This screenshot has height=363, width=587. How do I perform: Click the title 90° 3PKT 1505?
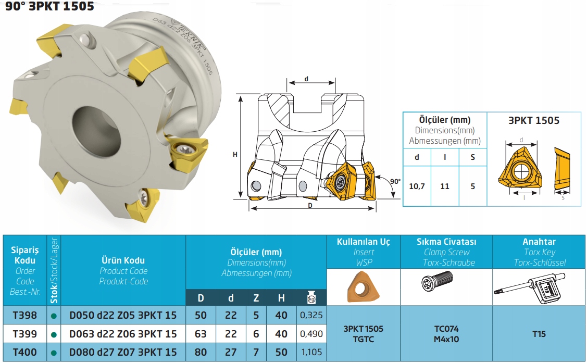(x=50, y=6)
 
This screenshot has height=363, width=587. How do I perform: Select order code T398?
(x=24, y=315)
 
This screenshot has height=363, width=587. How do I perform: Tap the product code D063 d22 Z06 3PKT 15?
(x=123, y=333)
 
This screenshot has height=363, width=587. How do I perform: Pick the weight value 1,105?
(x=311, y=352)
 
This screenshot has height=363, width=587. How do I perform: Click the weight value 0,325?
(x=311, y=315)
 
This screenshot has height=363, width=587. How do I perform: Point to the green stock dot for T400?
(x=54, y=353)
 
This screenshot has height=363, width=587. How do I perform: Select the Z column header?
(x=256, y=298)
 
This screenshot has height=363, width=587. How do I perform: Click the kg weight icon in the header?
(x=311, y=297)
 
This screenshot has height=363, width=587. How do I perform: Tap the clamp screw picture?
(x=438, y=280)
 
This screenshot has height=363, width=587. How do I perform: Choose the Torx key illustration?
(x=529, y=288)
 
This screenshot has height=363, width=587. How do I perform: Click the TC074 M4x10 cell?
(x=446, y=334)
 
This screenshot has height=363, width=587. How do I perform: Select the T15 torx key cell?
(x=539, y=334)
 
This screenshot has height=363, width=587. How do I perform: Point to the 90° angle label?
(x=395, y=181)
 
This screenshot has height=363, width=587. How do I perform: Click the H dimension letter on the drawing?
(x=235, y=154)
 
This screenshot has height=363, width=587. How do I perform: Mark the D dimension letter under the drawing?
(x=310, y=205)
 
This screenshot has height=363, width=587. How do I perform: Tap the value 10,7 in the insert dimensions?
(x=417, y=186)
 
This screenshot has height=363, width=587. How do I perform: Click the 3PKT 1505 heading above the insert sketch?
(x=534, y=120)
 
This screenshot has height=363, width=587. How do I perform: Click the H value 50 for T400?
(x=281, y=352)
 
